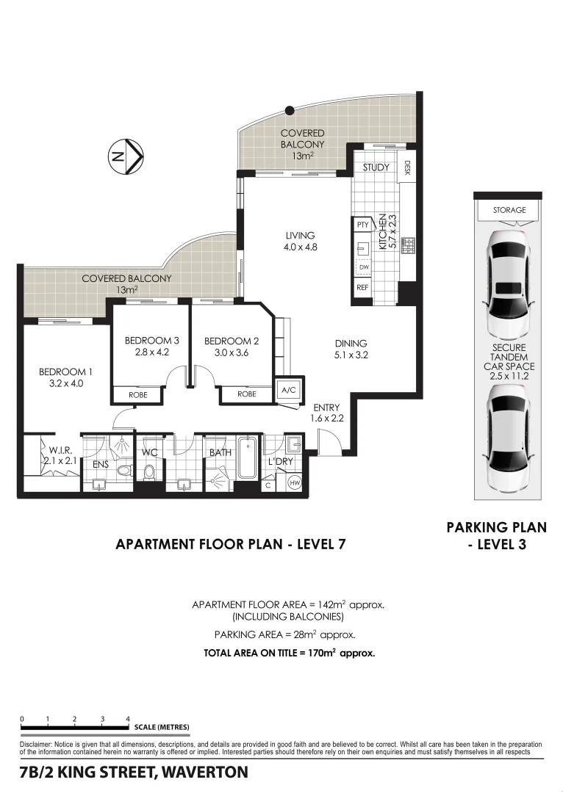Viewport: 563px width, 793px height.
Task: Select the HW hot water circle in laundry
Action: click(294, 482)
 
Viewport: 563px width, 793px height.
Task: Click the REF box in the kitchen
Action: click(362, 288)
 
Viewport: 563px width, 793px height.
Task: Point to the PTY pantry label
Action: click(362, 225)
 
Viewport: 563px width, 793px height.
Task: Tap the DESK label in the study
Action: click(406, 168)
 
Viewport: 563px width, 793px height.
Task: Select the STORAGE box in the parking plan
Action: click(509, 210)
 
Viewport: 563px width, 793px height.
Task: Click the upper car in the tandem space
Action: click(509, 278)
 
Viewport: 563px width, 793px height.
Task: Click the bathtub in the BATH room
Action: click(248, 461)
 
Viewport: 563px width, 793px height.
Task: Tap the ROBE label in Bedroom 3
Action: click(137, 395)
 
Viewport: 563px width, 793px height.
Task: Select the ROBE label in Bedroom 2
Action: click(246, 395)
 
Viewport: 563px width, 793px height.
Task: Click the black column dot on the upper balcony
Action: click(290, 110)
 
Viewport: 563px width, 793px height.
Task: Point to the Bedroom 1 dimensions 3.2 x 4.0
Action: click(65, 383)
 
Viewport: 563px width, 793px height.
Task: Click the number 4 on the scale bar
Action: click(128, 719)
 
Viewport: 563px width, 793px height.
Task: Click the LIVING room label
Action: click(301, 235)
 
